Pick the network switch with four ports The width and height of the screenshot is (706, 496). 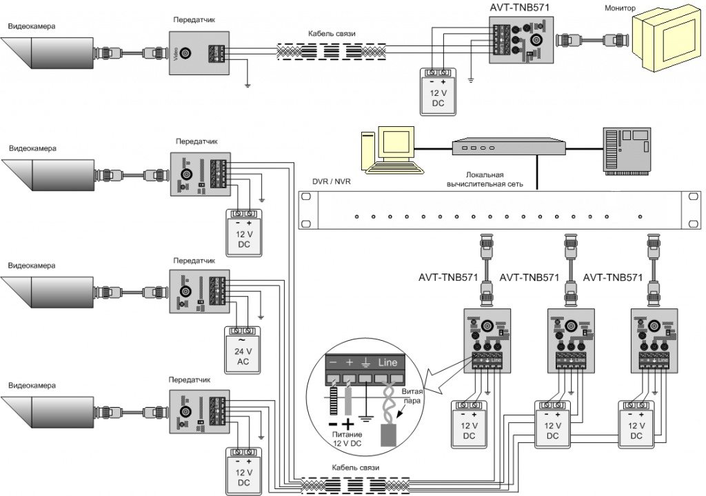[x=508, y=147]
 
